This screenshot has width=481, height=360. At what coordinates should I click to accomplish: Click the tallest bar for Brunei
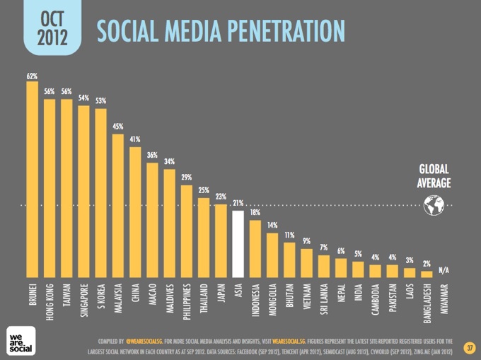click(33, 180)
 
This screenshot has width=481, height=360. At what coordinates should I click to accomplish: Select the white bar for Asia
click(238, 244)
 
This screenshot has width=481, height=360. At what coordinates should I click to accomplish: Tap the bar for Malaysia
click(118, 206)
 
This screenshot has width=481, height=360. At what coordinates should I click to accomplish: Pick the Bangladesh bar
click(427, 274)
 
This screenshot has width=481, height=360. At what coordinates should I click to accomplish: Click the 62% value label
click(32, 76)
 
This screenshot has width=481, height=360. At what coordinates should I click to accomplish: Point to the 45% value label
click(118, 127)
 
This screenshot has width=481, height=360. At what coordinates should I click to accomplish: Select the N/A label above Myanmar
click(444, 270)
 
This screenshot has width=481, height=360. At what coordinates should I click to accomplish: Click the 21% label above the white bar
click(238, 203)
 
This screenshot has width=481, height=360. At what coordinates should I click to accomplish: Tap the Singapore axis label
click(83, 300)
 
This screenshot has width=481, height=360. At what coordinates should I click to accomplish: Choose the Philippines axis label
click(187, 302)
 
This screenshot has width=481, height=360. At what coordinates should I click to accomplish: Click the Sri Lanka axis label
click(324, 299)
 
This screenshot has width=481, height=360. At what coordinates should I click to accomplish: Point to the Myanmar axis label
click(444, 299)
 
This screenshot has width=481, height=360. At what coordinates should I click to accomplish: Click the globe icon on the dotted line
click(434, 205)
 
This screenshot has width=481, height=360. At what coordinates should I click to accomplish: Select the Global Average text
click(434, 176)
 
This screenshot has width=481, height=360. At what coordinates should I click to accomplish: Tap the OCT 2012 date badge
click(52, 28)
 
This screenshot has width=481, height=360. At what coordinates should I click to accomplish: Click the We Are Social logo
click(21, 341)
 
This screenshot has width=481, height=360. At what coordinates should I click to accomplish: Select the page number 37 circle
click(470, 348)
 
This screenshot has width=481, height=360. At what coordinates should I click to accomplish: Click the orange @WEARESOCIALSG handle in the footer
click(144, 342)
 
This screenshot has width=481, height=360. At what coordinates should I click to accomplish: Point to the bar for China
click(135, 212)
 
